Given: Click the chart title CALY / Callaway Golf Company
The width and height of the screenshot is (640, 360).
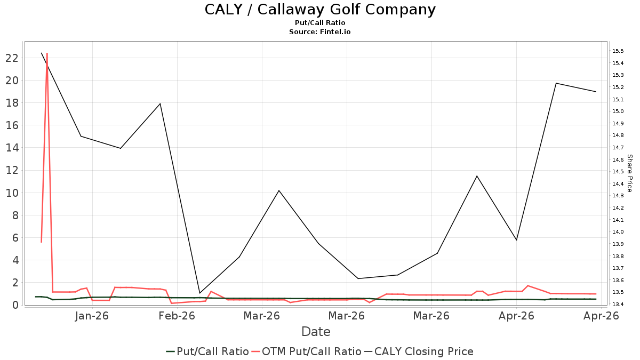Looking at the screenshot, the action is point(320,10).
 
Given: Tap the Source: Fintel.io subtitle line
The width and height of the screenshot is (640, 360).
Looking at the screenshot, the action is point(319,31).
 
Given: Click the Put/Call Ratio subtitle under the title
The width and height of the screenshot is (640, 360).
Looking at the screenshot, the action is point(320,23).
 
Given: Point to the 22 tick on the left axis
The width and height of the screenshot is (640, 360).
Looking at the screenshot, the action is point(12,58).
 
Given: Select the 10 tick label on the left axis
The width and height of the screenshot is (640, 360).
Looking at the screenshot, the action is point(12,193).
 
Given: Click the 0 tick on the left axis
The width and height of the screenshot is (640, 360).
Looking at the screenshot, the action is point(15,305).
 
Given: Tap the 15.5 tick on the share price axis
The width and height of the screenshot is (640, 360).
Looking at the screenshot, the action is point(618,51).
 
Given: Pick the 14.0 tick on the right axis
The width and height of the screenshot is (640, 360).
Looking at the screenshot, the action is point(618,231).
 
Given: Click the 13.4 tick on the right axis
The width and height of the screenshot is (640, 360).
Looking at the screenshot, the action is point(618,304).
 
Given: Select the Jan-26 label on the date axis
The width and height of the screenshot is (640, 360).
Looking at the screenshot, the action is point(92,316).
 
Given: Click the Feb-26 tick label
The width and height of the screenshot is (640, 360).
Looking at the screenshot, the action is point(177,316).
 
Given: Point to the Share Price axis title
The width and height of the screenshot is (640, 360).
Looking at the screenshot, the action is point(629,173).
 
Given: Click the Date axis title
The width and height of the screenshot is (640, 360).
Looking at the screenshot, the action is point(316,332).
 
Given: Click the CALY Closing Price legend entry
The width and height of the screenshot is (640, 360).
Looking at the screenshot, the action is point(419,351).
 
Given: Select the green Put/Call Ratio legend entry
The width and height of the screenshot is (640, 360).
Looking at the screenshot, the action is point(207,351).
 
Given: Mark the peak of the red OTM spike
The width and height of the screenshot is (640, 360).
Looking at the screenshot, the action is point(47,53).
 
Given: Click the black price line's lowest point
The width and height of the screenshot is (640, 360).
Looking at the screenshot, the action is point(199,293).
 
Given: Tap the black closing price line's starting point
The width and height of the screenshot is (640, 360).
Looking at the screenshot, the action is point(42,53).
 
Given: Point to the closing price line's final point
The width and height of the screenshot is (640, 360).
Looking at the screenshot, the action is point(596,92).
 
